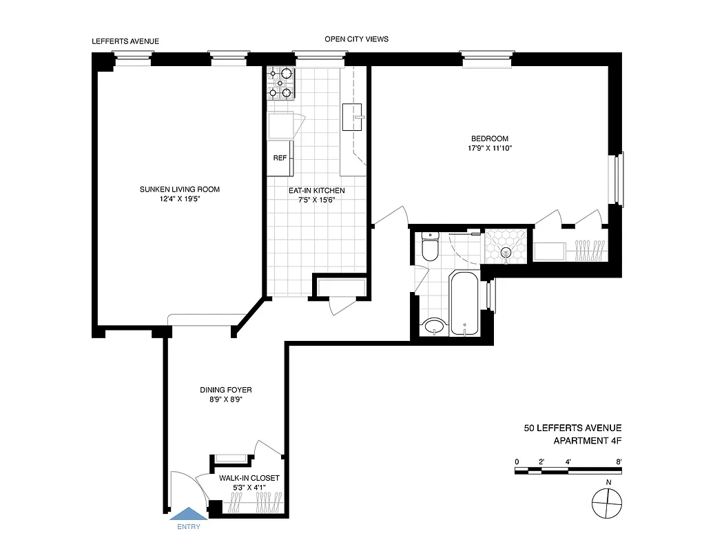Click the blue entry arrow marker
188,513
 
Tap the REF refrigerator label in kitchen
280,158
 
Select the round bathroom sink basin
434,326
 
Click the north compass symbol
606,504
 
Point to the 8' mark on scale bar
619,461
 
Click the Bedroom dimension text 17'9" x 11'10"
489,148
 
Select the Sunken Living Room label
179,189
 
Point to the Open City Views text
356,39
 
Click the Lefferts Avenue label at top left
125,41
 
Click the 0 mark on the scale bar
516,461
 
